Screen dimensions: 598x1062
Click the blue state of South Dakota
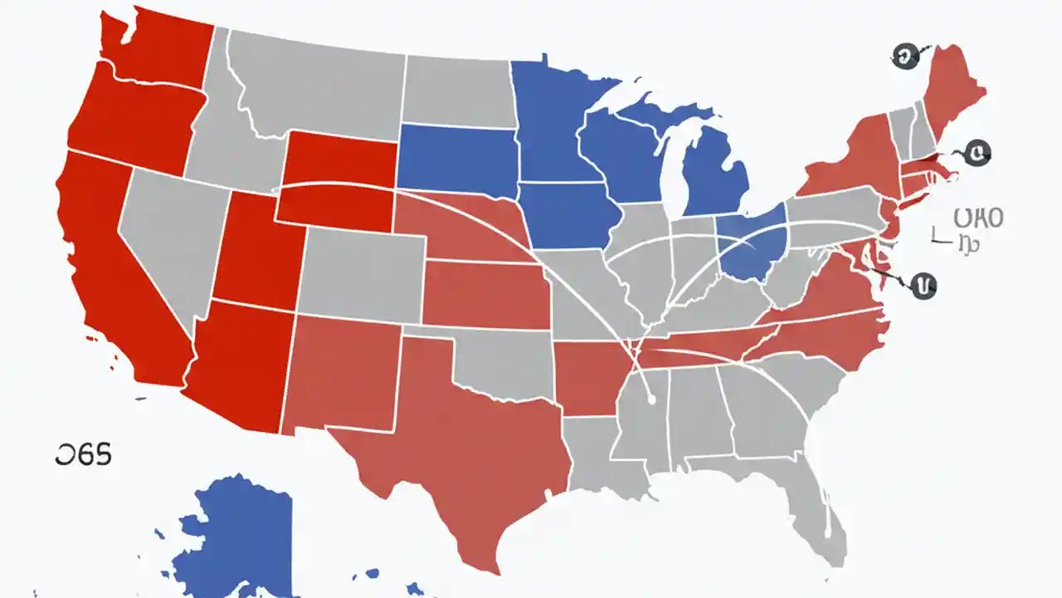coord(456,158)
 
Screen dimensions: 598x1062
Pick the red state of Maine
coord(954,91)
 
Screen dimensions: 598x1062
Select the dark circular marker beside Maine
coord(904,56)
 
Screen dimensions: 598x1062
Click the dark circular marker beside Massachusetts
coord(979,152)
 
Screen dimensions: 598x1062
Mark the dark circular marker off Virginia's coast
coord(922,287)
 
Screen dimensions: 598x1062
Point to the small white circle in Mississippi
coord(653,399)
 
